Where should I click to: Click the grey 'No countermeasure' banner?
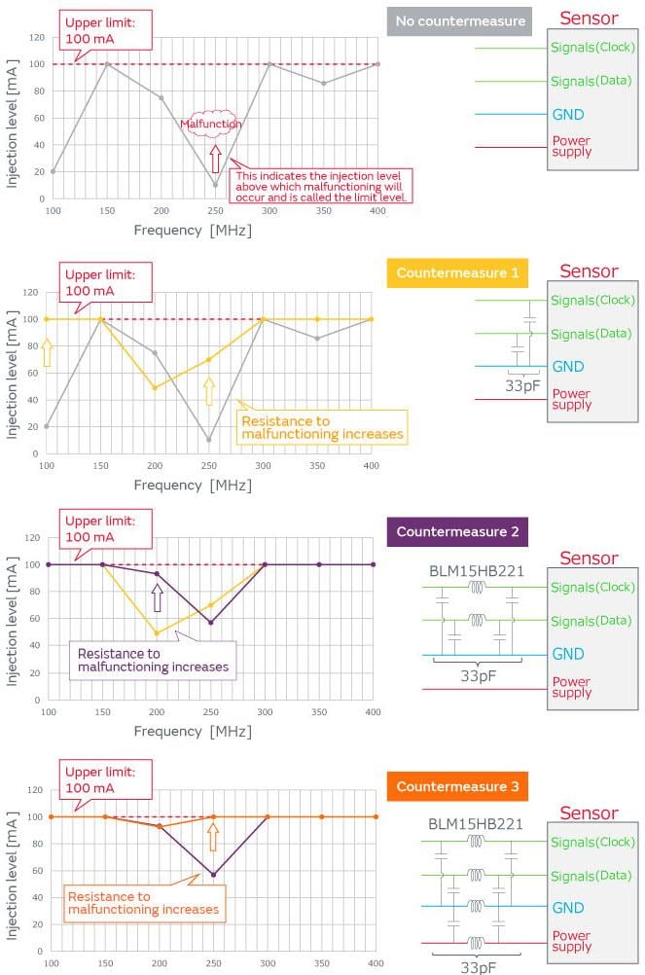click(459, 21)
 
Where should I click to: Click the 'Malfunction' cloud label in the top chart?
click(211, 124)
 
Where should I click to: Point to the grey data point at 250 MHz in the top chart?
click(216, 185)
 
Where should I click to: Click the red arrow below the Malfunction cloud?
click(215, 158)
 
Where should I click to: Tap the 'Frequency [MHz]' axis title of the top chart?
click(192, 231)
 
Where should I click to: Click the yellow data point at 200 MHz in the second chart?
click(155, 387)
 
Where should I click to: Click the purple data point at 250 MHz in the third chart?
click(211, 623)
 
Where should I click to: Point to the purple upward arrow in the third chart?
click(157, 596)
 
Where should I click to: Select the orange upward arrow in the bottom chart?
click(213, 836)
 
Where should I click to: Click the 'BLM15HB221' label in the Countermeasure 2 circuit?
click(476, 570)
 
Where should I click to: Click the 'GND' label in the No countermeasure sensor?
click(568, 114)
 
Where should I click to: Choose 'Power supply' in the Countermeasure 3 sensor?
click(572, 940)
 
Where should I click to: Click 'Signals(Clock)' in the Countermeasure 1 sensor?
click(591, 302)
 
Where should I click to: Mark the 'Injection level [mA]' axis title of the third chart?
click(13, 617)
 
